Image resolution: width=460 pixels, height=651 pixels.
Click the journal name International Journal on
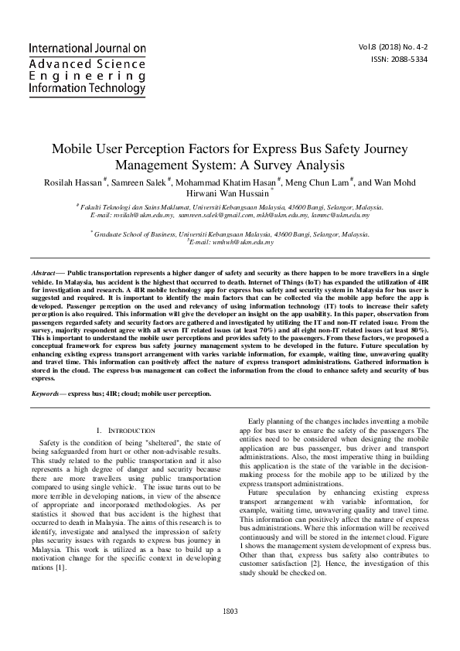pyautogui.click(x=87, y=48)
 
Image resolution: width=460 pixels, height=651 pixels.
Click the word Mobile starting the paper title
pyautogui.click(x=74, y=148)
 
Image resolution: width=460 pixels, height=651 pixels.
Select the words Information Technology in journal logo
pyautogui.click(x=87, y=89)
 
